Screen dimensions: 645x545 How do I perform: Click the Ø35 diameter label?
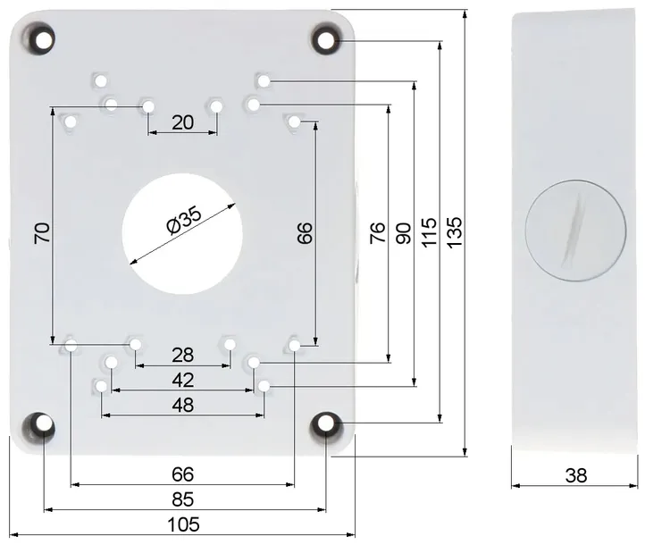coord(184,220)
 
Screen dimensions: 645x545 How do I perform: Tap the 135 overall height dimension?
coord(455,232)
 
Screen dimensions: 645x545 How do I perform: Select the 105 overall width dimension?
coord(183,524)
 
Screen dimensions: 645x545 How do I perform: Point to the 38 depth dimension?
coord(576,475)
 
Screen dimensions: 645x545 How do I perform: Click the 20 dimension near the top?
coord(182,122)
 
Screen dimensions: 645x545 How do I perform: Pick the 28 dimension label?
coord(182,355)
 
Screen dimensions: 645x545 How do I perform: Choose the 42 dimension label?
coord(183,380)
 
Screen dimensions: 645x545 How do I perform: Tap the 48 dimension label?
coord(183,405)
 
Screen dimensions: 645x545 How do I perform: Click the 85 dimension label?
coord(182,499)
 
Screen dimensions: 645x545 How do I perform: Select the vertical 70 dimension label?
coord(42,232)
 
